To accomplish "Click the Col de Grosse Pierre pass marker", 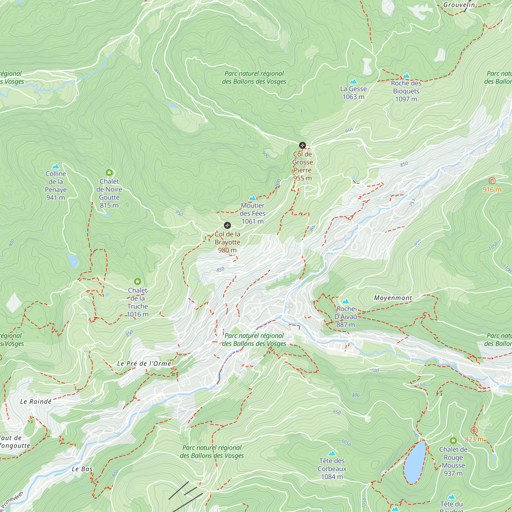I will [302, 145].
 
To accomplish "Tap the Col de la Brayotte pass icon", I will [227, 226].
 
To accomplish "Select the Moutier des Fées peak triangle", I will [253, 198].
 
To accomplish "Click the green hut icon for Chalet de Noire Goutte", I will [109, 173].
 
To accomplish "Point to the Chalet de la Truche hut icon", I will [137, 281].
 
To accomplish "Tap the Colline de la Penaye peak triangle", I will [56, 166].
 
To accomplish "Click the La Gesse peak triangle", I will [353, 82].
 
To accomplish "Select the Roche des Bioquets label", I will [406, 91].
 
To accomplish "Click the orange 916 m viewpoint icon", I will [492, 181].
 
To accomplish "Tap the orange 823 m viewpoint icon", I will [474, 430].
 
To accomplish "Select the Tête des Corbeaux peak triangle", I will [332, 453].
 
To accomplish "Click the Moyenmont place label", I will [393, 298].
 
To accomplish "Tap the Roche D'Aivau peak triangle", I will [346, 301].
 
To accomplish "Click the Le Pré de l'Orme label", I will [144, 364].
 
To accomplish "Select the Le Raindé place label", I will [36, 402].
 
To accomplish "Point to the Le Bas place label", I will [82, 469].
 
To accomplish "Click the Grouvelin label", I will [459, 5].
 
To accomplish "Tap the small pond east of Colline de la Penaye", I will [73, 261].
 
